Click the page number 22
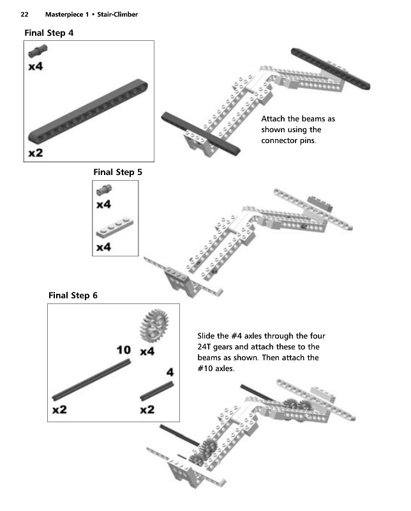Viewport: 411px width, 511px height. [x=24, y=14]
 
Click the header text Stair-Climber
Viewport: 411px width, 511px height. [x=117, y=14]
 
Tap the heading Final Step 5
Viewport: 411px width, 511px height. [x=114, y=172]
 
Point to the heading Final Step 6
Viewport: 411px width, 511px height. [x=73, y=295]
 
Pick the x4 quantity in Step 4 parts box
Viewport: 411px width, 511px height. [x=36, y=66]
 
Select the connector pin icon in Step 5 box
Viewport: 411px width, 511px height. [x=103, y=190]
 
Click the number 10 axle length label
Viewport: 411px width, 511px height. [x=124, y=350]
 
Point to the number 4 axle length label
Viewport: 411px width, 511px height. [x=170, y=372]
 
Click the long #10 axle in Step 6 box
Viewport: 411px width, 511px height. [x=92, y=378]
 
